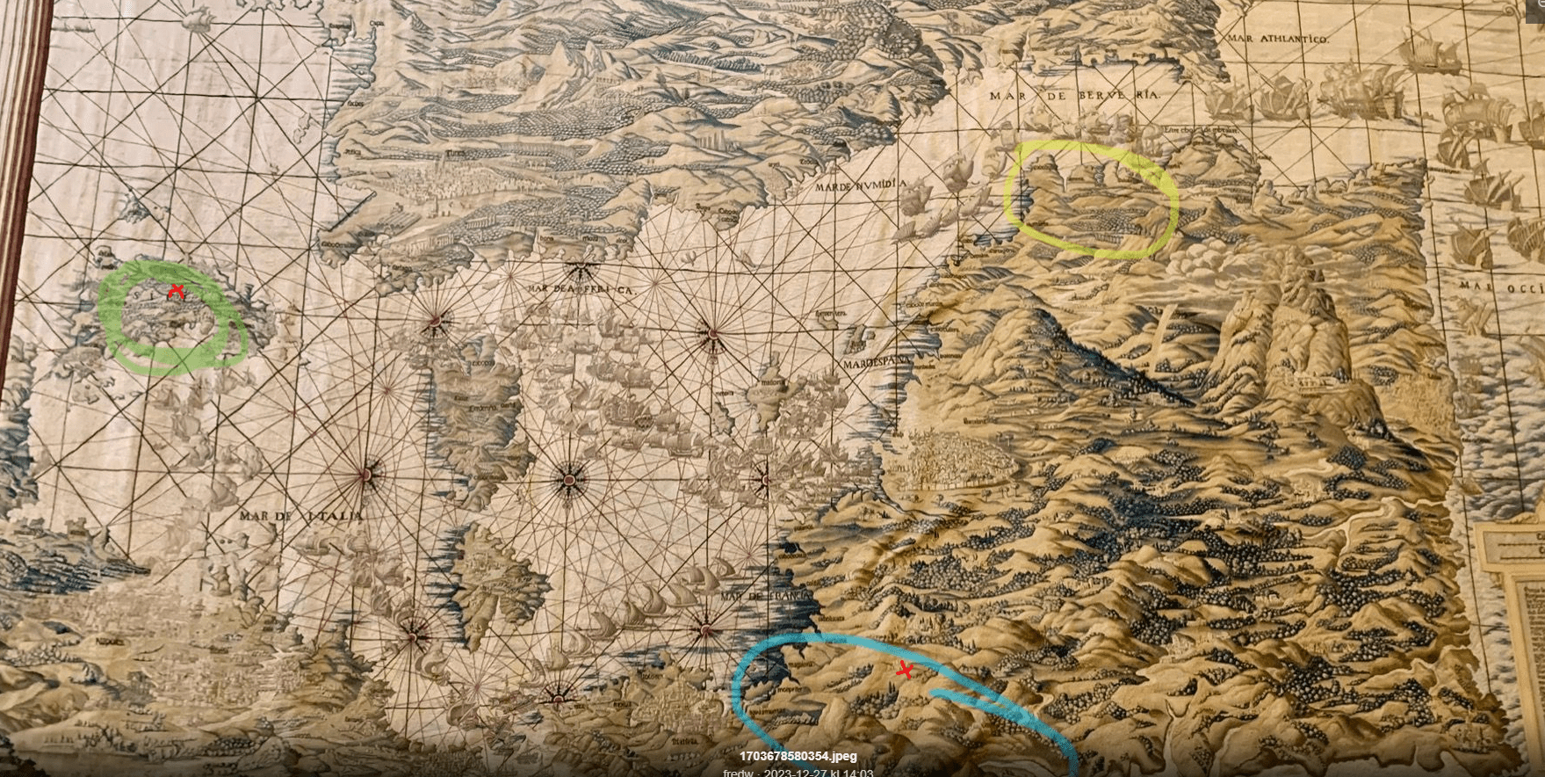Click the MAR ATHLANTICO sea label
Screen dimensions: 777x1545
(x=1278, y=39)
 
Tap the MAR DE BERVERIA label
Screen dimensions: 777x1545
(x=1073, y=95)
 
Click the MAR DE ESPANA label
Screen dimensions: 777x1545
(x=877, y=362)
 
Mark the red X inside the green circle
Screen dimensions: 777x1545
(x=177, y=291)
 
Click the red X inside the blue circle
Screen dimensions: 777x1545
(x=905, y=671)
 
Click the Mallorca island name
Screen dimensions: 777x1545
(x=773, y=383)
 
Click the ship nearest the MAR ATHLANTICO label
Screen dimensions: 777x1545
(x=1430, y=51)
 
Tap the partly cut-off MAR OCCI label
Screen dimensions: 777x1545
(x=1501, y=286)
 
